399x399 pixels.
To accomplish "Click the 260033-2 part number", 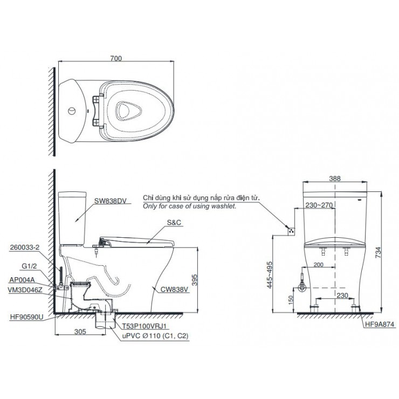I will (x=25, y=249).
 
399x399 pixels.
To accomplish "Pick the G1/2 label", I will (x=29, y=265).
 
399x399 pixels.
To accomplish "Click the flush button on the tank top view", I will (x=70, y=112).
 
